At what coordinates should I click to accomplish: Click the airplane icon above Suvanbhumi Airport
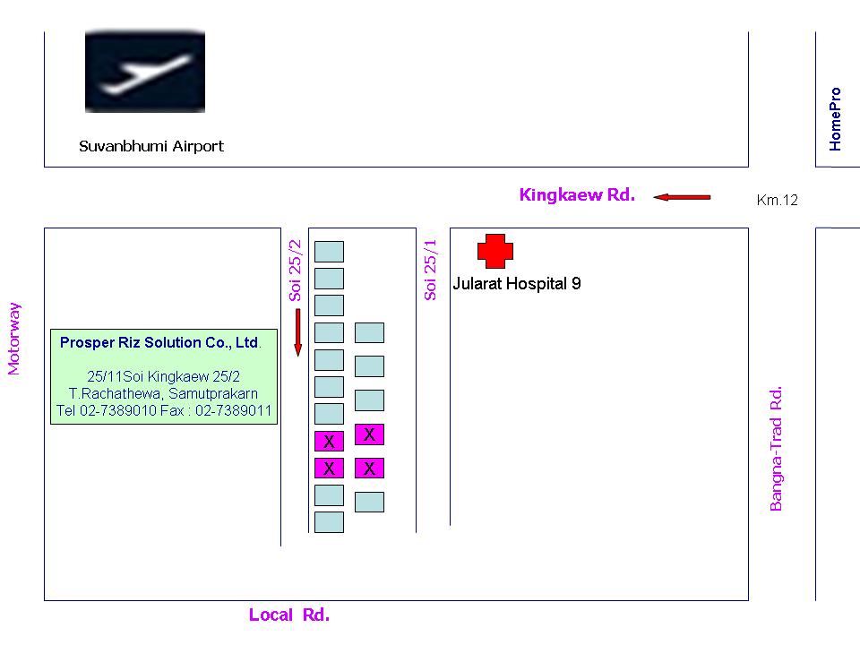tap(145, 72)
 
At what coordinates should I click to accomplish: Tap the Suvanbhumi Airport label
tap(151, 146)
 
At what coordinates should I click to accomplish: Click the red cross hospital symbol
tap(495, 251)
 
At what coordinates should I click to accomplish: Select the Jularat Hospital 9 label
tap(517, 284)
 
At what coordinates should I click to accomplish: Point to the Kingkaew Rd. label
tap(577, 194)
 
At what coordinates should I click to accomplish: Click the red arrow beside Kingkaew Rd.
tap(682, 197)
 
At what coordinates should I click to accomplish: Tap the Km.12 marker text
tap(778, 200)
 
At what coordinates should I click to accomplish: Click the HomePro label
tap(835, 119)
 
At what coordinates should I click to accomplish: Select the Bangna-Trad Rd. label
tap(776, 449)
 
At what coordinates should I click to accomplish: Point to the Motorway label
tap(13, 339)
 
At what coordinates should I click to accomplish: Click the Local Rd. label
tap(289, 615)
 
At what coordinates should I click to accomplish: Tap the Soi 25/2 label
tap(295, 271)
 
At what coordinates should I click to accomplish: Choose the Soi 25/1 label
tap(430, 270)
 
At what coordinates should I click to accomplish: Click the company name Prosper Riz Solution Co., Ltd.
tap(160, 342)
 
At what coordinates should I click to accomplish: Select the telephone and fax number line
tap(164, 410)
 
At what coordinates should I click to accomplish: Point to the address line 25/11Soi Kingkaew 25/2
tap(163, 376)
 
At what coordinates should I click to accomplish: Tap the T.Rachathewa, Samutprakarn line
tap(163, 393)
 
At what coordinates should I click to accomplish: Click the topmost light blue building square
tap(329, 252)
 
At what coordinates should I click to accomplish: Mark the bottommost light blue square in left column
tap(329, 522)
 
